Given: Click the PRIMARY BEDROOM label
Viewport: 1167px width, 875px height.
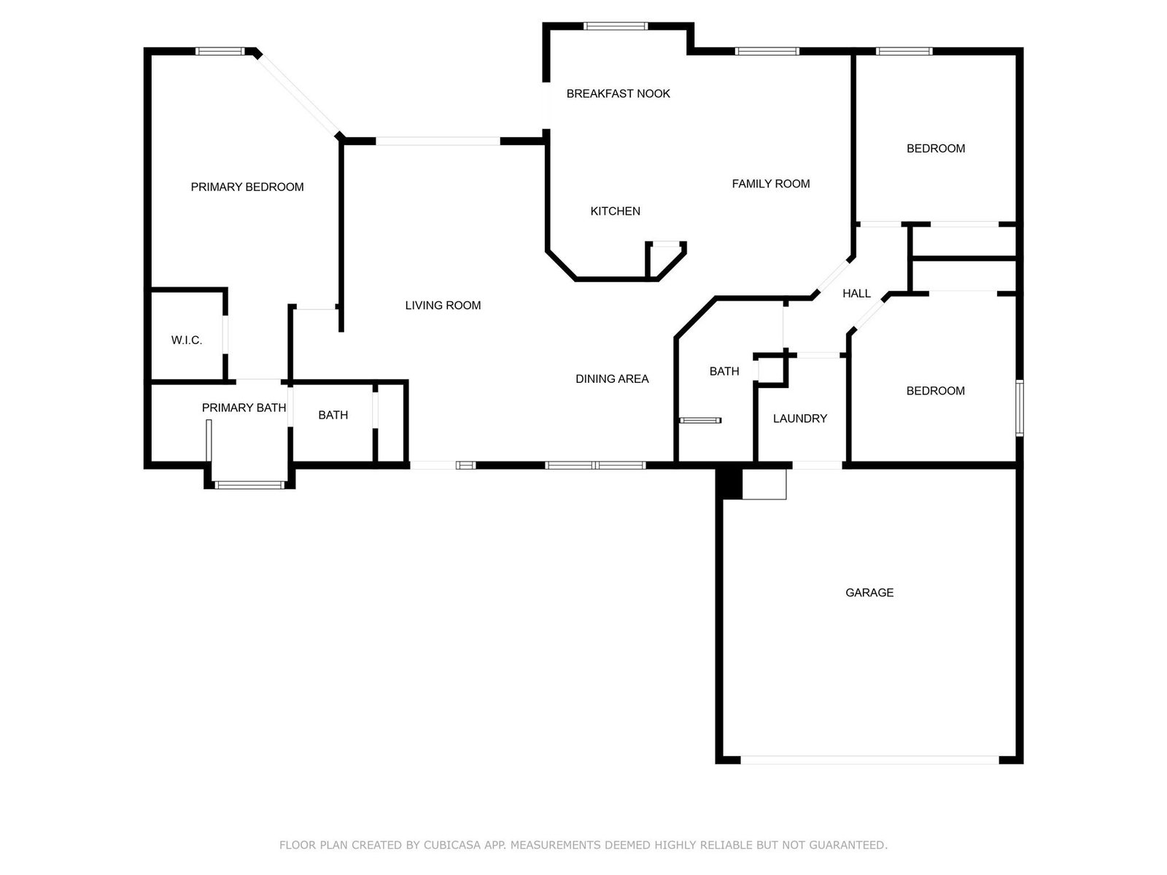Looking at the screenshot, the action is [247, 187].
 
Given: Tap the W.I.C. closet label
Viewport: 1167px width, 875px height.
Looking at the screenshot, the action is [187, 341].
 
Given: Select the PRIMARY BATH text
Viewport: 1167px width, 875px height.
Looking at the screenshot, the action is [244, 408].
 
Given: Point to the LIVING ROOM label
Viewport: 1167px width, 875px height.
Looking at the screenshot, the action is [443, 306].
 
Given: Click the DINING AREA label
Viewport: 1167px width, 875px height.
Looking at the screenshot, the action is [612, 378].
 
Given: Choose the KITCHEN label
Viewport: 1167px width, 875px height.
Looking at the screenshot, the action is [615, 211].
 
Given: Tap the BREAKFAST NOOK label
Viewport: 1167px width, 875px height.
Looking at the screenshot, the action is [619, 93].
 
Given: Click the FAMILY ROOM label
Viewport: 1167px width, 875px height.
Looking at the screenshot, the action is [771, 184].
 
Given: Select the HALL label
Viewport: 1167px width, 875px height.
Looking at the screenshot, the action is [856, 293].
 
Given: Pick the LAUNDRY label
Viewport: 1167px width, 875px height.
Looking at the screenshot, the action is [800, 419].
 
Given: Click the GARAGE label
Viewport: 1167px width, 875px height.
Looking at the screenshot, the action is [869, 592].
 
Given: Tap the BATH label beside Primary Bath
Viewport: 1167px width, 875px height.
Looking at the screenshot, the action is [333, 415].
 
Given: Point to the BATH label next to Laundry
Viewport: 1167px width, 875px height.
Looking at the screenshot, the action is [724, 371].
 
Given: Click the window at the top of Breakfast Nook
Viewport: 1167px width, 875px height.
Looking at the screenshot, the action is [616, 26].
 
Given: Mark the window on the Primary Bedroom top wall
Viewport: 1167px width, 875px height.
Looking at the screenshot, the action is [220, 52].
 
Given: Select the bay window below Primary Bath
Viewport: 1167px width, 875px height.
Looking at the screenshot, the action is [249, 484].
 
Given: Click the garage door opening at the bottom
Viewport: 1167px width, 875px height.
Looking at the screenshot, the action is [870, 760].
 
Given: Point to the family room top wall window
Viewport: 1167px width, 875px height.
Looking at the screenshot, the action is [767, 52].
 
